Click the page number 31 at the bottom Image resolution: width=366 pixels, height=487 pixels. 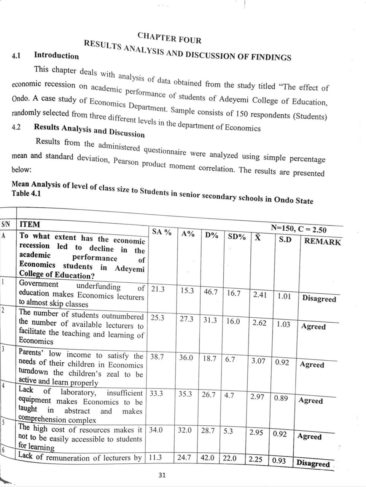[162, 475]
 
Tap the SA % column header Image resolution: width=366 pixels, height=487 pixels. [162, 232]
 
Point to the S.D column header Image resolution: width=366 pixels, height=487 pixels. [286, 240]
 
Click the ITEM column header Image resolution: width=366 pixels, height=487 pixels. [29, 224]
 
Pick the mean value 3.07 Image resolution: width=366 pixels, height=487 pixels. [258, 360]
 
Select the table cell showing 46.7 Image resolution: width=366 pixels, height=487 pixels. [210, 292]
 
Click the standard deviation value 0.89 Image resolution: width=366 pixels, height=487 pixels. [281, 398]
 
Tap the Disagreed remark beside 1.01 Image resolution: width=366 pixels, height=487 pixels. [319, 299]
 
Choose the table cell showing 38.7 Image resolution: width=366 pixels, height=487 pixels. [157, 357]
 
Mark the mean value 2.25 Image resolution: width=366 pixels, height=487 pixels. [256, 459]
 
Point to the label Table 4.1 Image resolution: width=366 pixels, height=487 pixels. [26, 193]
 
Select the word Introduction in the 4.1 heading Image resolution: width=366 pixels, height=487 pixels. [56, 56]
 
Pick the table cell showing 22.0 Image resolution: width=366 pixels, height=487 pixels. [229, 458]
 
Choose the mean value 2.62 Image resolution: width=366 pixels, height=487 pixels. [259, 323]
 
